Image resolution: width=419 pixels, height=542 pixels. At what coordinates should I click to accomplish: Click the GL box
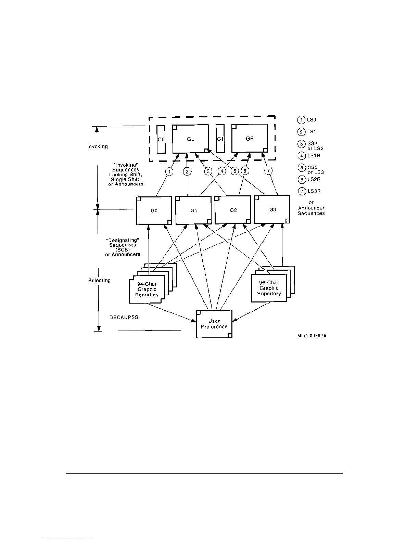190,139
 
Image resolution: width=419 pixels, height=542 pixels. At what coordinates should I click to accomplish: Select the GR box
250,138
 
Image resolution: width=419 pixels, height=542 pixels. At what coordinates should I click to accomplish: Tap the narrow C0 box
161,139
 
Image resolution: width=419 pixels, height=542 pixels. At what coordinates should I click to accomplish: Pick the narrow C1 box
220,139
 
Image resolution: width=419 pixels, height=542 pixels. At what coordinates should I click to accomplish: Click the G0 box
154,210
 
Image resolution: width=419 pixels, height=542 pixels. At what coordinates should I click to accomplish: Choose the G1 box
193,210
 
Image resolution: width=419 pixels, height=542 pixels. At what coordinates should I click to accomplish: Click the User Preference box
214,324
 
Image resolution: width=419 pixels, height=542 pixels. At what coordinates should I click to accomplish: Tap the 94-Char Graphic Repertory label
147,289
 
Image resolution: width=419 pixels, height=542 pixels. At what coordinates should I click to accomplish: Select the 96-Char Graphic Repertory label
269,288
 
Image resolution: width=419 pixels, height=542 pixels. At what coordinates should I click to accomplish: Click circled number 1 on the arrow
169,171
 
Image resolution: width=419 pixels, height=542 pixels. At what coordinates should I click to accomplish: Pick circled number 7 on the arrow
269,171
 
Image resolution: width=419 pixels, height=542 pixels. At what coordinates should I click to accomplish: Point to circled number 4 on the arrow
222,171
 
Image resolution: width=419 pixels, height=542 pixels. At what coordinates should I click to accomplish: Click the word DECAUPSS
124,317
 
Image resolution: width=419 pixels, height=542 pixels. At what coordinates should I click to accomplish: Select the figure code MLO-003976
312,336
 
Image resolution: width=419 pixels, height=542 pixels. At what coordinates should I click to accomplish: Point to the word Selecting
99,280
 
